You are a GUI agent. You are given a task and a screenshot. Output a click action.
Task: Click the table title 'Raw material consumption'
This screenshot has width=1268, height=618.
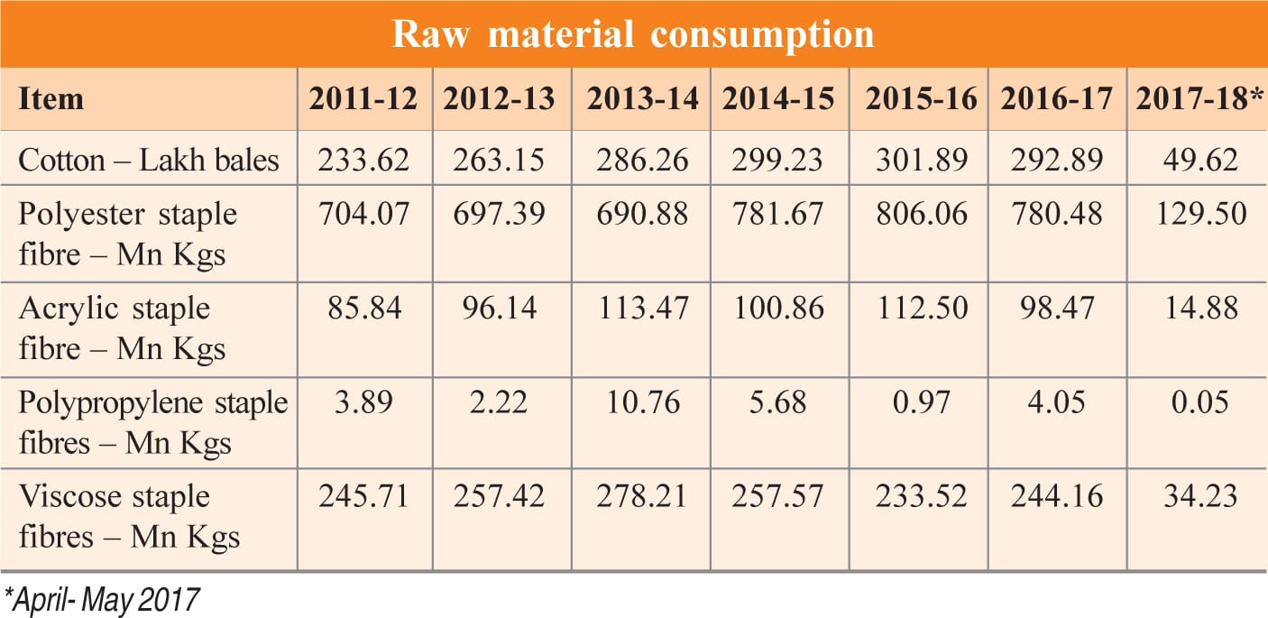click(633, 33)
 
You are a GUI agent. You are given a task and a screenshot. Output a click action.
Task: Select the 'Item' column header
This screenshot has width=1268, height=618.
click(51, 97)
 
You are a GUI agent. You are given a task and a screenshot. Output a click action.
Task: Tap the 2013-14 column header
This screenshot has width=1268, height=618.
click(642, 98)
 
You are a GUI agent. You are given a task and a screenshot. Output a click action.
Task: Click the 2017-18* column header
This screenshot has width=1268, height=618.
click(1197, 98)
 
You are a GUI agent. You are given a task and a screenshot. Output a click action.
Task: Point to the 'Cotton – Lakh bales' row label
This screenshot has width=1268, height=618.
click(150, 161)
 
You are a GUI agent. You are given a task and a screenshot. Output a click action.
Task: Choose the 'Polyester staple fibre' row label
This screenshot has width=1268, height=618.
click(127, 234)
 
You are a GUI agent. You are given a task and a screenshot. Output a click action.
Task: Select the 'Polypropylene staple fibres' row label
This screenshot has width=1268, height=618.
click(152, 422)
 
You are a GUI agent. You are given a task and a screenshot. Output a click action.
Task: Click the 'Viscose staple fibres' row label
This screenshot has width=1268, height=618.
click(129, 517)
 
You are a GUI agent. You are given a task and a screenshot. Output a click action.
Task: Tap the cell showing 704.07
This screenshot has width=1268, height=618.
click(364, 215)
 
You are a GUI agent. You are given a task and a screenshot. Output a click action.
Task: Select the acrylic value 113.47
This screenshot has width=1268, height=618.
click(642, 309)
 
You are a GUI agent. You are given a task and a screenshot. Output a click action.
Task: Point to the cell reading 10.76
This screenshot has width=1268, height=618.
click(642, 402)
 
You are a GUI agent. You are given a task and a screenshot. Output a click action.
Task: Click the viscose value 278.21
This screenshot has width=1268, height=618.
click(642, 497)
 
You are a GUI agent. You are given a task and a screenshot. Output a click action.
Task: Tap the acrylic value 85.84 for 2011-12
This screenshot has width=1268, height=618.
click(364, 309)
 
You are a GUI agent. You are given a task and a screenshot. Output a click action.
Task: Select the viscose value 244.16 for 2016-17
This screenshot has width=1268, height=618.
click(1056, 497)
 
